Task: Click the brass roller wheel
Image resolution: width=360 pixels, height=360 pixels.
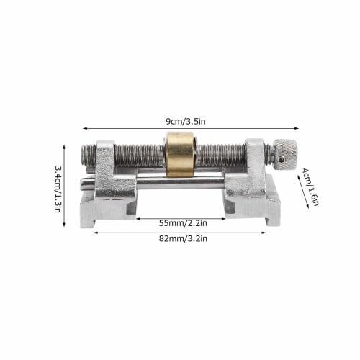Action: (180, 154)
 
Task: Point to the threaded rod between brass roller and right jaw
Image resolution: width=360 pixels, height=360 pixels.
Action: (220, 154)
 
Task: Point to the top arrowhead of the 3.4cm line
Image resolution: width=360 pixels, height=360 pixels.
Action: (66, 147)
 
